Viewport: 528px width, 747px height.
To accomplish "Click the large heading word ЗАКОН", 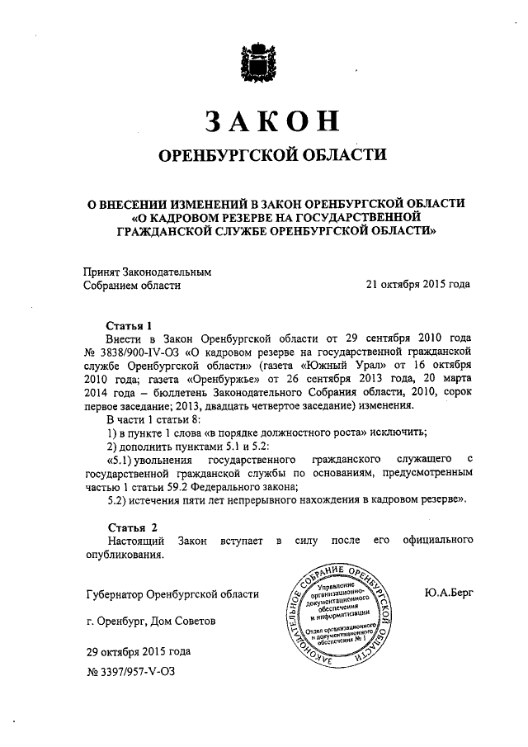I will pyautogui.click(x=272, y=121).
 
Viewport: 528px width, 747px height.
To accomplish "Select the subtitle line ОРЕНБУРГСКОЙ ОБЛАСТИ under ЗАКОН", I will pyautogui.click(x=272, y=155).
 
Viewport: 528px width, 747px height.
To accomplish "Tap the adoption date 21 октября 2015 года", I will pyautogui.click(x=418, y=285).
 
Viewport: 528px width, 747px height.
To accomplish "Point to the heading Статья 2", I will pyautogui.click(x=130, y=526).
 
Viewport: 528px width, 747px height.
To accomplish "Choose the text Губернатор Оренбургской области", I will pyautogui.click(x=172, y=593).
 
